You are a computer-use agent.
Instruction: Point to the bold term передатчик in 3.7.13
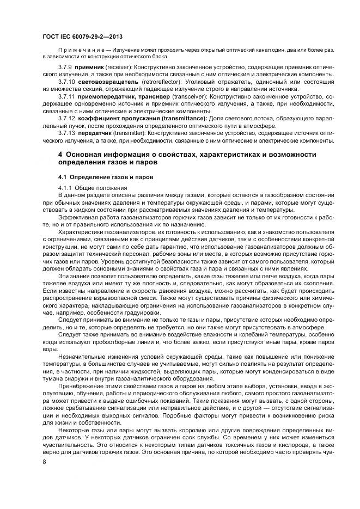(94, 133)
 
